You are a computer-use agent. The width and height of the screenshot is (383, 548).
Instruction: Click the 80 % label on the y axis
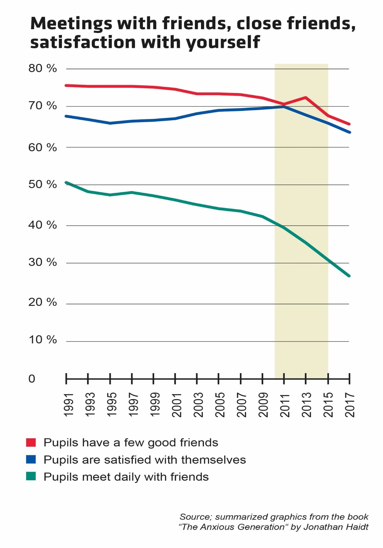(x=42, y=68)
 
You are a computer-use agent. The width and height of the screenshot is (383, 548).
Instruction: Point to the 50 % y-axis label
(x=42, y=185)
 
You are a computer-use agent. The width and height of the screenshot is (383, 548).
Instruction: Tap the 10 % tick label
(x=42, y=340)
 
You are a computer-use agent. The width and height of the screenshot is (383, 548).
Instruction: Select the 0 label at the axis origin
(x=32, y=379)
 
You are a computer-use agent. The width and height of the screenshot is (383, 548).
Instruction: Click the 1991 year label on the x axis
(x=68, y=405)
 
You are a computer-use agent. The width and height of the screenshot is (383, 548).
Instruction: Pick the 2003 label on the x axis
(x=199, y=405)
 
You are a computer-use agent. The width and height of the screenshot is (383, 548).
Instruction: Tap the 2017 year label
(x=350, y=405)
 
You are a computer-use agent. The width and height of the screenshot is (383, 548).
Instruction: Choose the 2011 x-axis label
(x=285, y=405)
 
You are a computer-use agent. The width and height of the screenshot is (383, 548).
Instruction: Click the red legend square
(x=31, y=442)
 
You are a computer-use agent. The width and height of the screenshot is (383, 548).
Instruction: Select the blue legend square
(x=31, y=460)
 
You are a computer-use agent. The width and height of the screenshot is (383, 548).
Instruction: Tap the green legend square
(x=31, y=477)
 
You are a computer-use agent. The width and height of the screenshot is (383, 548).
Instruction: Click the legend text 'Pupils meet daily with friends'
(x=126, y=477)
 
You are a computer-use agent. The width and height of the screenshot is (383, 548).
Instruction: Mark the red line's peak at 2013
(x=306, y=97)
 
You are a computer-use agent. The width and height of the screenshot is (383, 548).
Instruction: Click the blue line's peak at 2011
(x=284, y=106)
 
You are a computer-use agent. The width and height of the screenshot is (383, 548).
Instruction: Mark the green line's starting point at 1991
(x=66, y=183)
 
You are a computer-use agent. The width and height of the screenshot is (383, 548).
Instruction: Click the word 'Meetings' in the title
(x=71, y=24)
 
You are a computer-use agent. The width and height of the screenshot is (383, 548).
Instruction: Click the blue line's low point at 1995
(x=110, y=123)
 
